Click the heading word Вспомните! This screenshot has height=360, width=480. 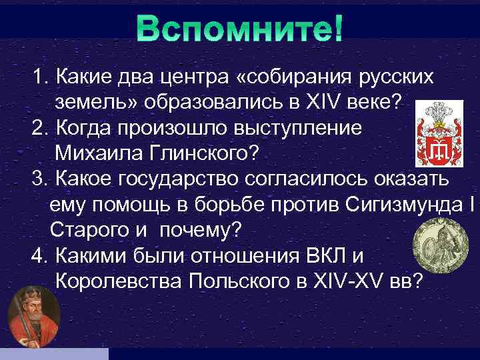point(239,29)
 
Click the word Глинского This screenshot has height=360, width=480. point(209,154)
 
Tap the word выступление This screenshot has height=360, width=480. point(289,129)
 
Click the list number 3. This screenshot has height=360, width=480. point(37,180)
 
